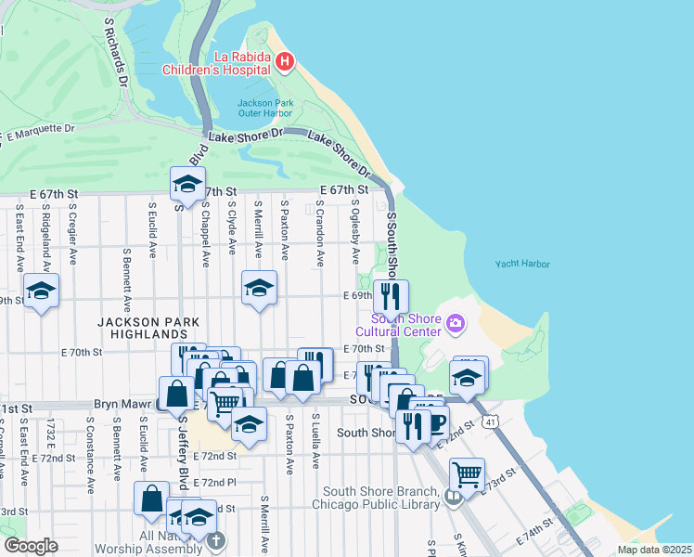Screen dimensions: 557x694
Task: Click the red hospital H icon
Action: pos(285,62)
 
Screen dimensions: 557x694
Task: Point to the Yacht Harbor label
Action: pos(522,264)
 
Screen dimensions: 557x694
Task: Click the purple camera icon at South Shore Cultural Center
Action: pos(455,323)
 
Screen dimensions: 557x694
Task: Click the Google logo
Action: pos(31,546)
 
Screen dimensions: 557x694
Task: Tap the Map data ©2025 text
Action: pos(653,550)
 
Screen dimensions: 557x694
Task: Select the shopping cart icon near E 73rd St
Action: pos(467,473)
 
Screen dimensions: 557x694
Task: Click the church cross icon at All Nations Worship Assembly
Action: pos(215,540)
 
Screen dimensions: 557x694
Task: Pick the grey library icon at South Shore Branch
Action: pos(453,498)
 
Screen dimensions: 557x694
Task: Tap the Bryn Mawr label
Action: pos(124,406)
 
